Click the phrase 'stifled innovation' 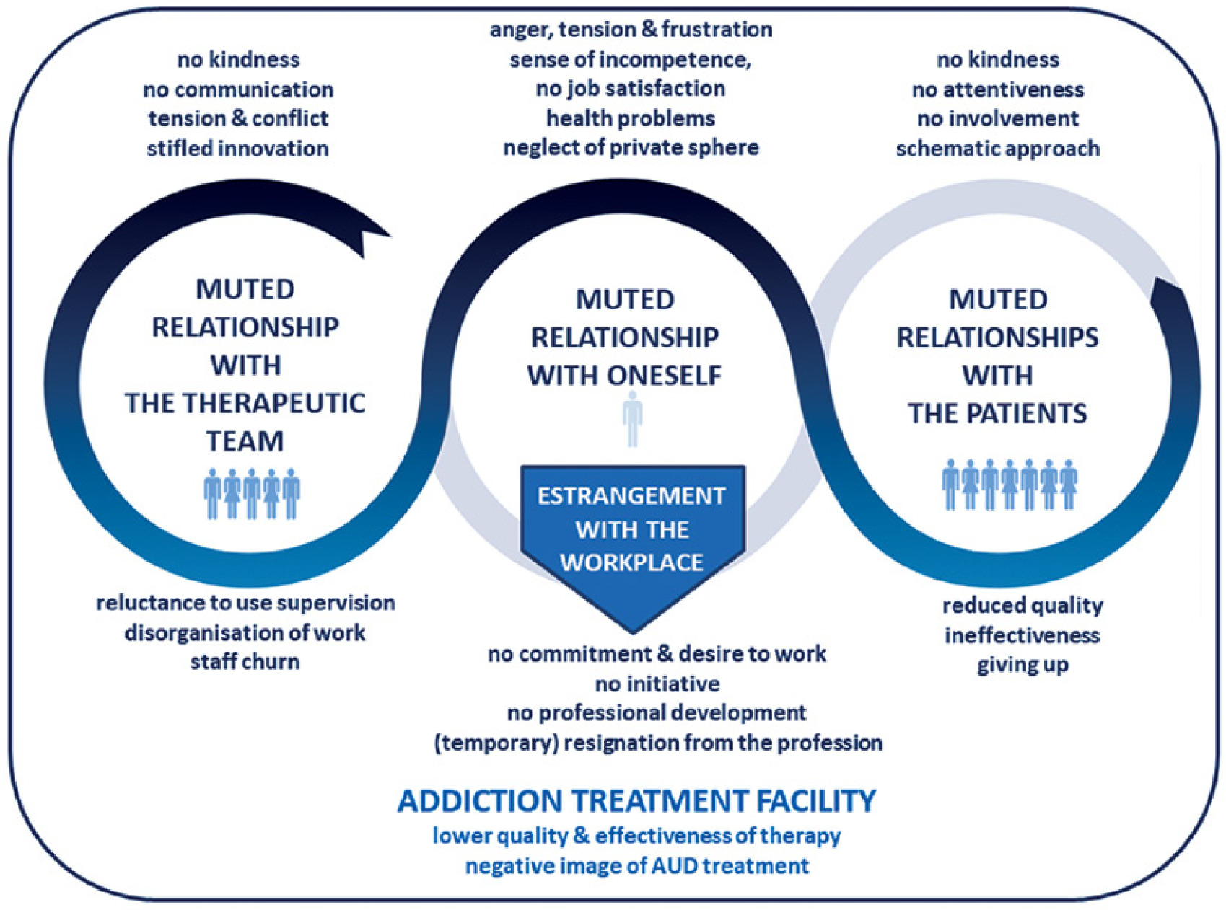(237, 149)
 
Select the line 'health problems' (630, 118)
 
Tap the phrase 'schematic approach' (997, 149)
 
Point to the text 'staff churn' (245, 662)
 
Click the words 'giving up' (1023, 665)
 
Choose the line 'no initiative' (657, 683)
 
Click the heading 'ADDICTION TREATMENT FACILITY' (636, 801)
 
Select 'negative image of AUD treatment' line (636, 865)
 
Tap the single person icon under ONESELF (632, 419)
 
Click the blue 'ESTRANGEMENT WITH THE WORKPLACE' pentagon (632, 534)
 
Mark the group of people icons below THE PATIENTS (1009, 485)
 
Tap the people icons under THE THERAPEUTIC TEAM (251, 494)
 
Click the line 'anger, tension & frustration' (631, 30)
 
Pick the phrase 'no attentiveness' (997, 89)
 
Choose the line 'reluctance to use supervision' (245, 603)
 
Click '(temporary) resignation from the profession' (657, 743)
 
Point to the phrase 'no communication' (238, 89)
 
